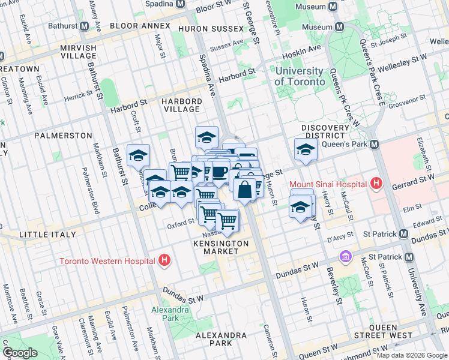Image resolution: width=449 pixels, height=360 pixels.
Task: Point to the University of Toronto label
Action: pyautogui.click(x=300, y=76)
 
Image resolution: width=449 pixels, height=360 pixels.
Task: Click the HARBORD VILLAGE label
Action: pyautogui.click(x=181, y=105)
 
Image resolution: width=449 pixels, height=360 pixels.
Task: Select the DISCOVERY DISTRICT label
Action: pyautogui.click(x=325, y=131)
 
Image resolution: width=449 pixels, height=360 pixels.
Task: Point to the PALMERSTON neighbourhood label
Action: pyautogui.click(x=63, y=136)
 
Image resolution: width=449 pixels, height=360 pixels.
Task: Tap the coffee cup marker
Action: pyautogui.click(x=218, y=172)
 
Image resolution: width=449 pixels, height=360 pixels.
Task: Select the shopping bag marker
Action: pyautogui.click(x=245, y=190)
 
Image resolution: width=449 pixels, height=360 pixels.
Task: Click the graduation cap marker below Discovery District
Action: pyautogui.click(x=306, y=151)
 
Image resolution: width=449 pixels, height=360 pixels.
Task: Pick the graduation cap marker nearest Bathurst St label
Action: pyautogui.click(x=138, y=158)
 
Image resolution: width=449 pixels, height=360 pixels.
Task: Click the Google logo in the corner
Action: pyautogui.click(x=20, y=353)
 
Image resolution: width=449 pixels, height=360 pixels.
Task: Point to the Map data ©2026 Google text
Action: pyautogui.click(x=412, y=355)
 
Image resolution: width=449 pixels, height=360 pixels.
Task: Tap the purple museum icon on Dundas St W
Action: pyautogui.click(x=345, y=257)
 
